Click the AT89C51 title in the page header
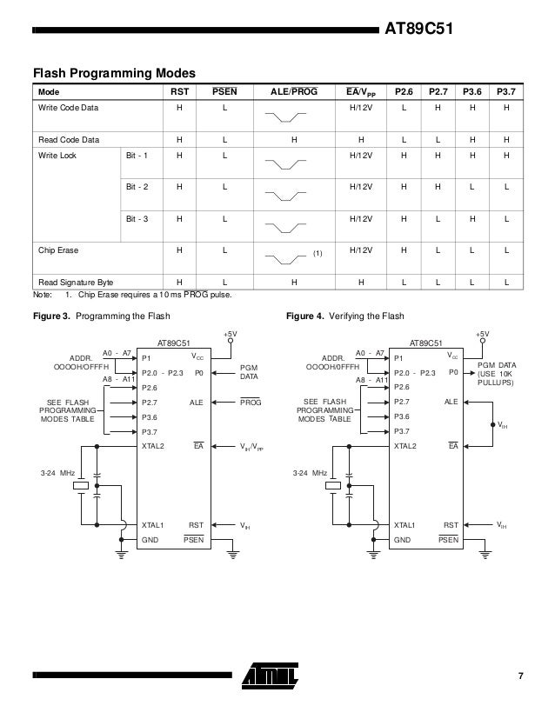point(420,33)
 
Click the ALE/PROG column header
point(294,91)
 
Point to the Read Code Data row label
point(68,139)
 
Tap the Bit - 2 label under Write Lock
point(137,187)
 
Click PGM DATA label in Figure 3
point(251,372)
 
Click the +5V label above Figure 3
point(230,333)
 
